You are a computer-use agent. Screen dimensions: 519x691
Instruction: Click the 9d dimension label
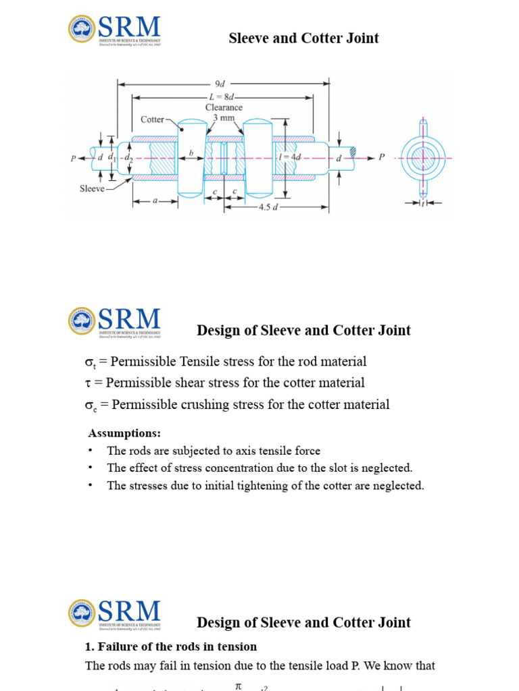tap(220, 84)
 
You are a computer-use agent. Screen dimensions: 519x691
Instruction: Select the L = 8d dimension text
tap(223, 97)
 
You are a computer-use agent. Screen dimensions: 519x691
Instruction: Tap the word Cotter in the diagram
tap(152, 119)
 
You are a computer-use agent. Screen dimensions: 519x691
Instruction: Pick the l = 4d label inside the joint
tap(290, 157)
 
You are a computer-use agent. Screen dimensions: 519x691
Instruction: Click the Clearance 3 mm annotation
tap(224, 112)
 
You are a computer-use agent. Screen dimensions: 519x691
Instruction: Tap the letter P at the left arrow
tap(73, 159)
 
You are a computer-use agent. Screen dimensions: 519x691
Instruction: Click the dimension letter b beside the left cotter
tap(191, 154)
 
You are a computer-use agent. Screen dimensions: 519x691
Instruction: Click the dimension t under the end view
tap(423, 202)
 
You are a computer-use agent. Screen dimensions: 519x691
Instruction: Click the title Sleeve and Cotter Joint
tap(303, 38)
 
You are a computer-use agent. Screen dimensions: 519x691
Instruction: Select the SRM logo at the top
tap(114, 30)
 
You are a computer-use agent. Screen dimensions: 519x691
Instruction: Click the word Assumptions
tap(125, 433)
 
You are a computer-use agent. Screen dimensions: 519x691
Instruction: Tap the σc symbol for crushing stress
tap(91, 406)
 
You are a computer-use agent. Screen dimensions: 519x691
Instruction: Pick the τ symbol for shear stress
tap(89, 383)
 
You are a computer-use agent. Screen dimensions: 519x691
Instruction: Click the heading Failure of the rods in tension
tap(170, 646)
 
